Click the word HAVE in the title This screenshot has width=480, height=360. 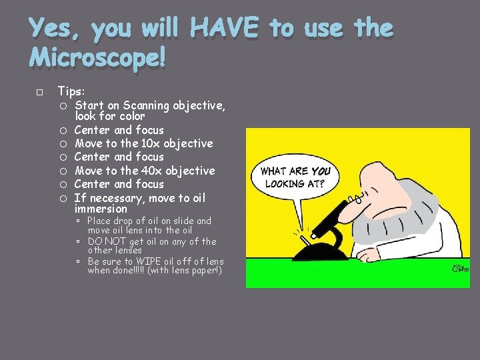pos(224,28)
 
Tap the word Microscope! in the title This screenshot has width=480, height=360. pos(97,58)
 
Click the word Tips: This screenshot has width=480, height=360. pos(72,91)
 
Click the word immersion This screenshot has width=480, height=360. pos(100,209)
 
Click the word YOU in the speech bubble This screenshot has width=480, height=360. pos(320,171)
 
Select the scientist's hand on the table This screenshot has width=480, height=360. pos(365,254)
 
